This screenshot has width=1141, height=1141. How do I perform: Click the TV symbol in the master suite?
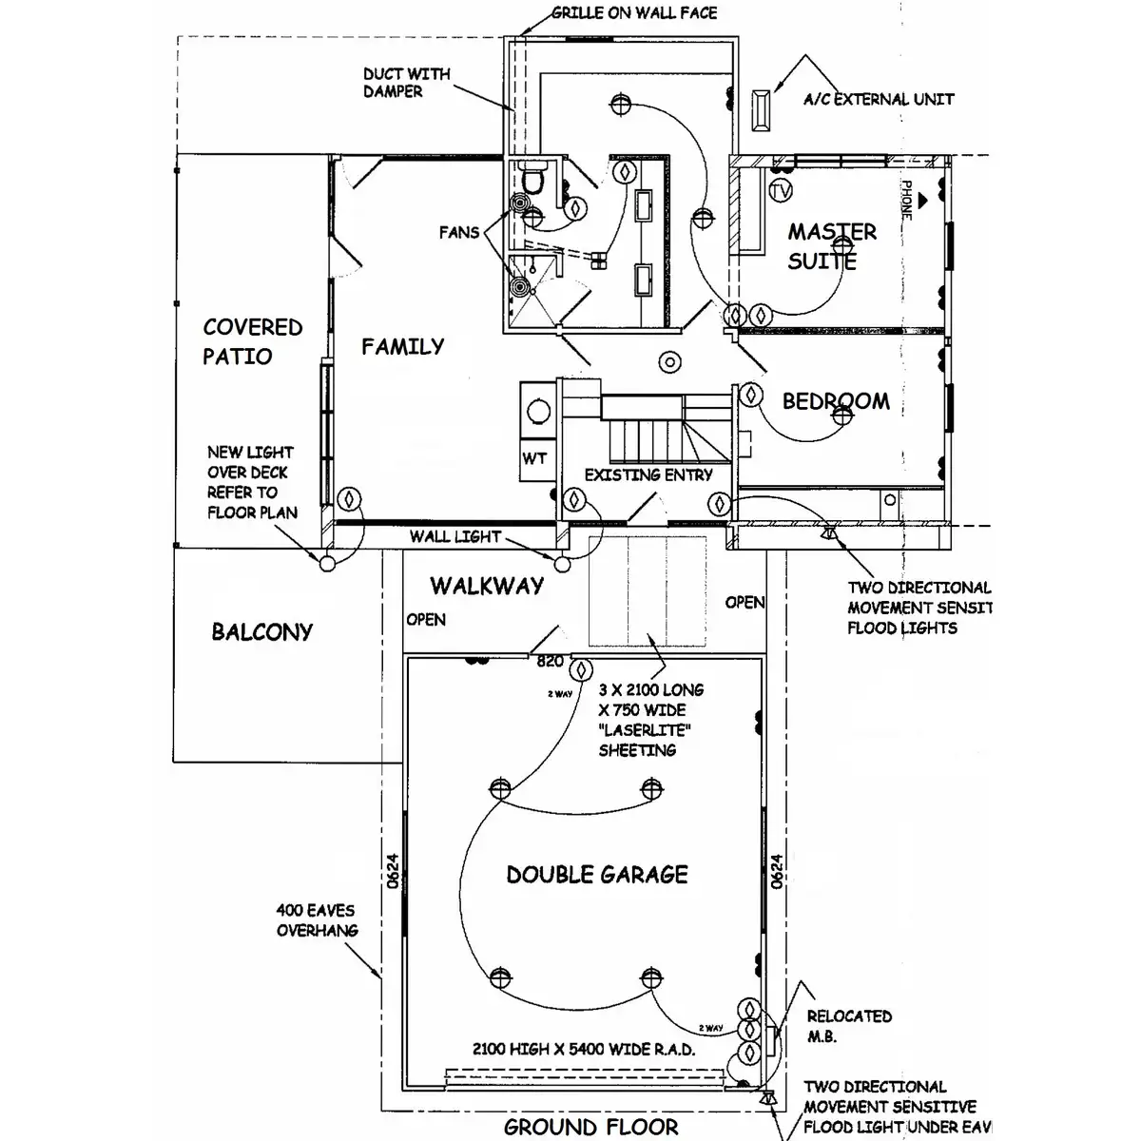pos(781,191)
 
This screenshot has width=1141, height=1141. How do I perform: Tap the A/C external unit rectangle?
pos(762,109)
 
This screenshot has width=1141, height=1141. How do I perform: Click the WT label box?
pos(534,459)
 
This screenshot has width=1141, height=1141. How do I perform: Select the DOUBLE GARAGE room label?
pos(597,875)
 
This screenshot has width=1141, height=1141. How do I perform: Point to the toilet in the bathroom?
pos(532,178)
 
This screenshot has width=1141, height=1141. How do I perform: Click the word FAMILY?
pos(402,347)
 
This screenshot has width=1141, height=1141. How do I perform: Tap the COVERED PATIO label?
pos(252,341)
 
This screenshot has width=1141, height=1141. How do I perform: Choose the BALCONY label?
pos(261,632)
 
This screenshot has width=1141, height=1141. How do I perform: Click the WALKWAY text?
pos(487,586)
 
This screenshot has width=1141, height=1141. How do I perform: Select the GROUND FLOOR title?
pos(590,1128)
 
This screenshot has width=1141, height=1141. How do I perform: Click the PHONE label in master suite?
pos(906,201)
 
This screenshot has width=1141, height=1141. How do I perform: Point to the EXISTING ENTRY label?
pos(648,474)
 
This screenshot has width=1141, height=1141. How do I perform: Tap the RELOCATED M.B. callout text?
pos(849,1026)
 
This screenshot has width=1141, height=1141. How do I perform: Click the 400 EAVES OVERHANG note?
pos(317,920)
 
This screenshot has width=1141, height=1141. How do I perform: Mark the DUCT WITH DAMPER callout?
pos(406,83)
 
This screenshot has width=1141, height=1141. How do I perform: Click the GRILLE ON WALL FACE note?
pos(634,13)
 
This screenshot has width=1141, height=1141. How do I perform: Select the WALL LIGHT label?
pos(454,536)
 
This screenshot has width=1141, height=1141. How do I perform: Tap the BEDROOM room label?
pos(836,401)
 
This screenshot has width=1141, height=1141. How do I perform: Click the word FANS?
pos(459,232)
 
